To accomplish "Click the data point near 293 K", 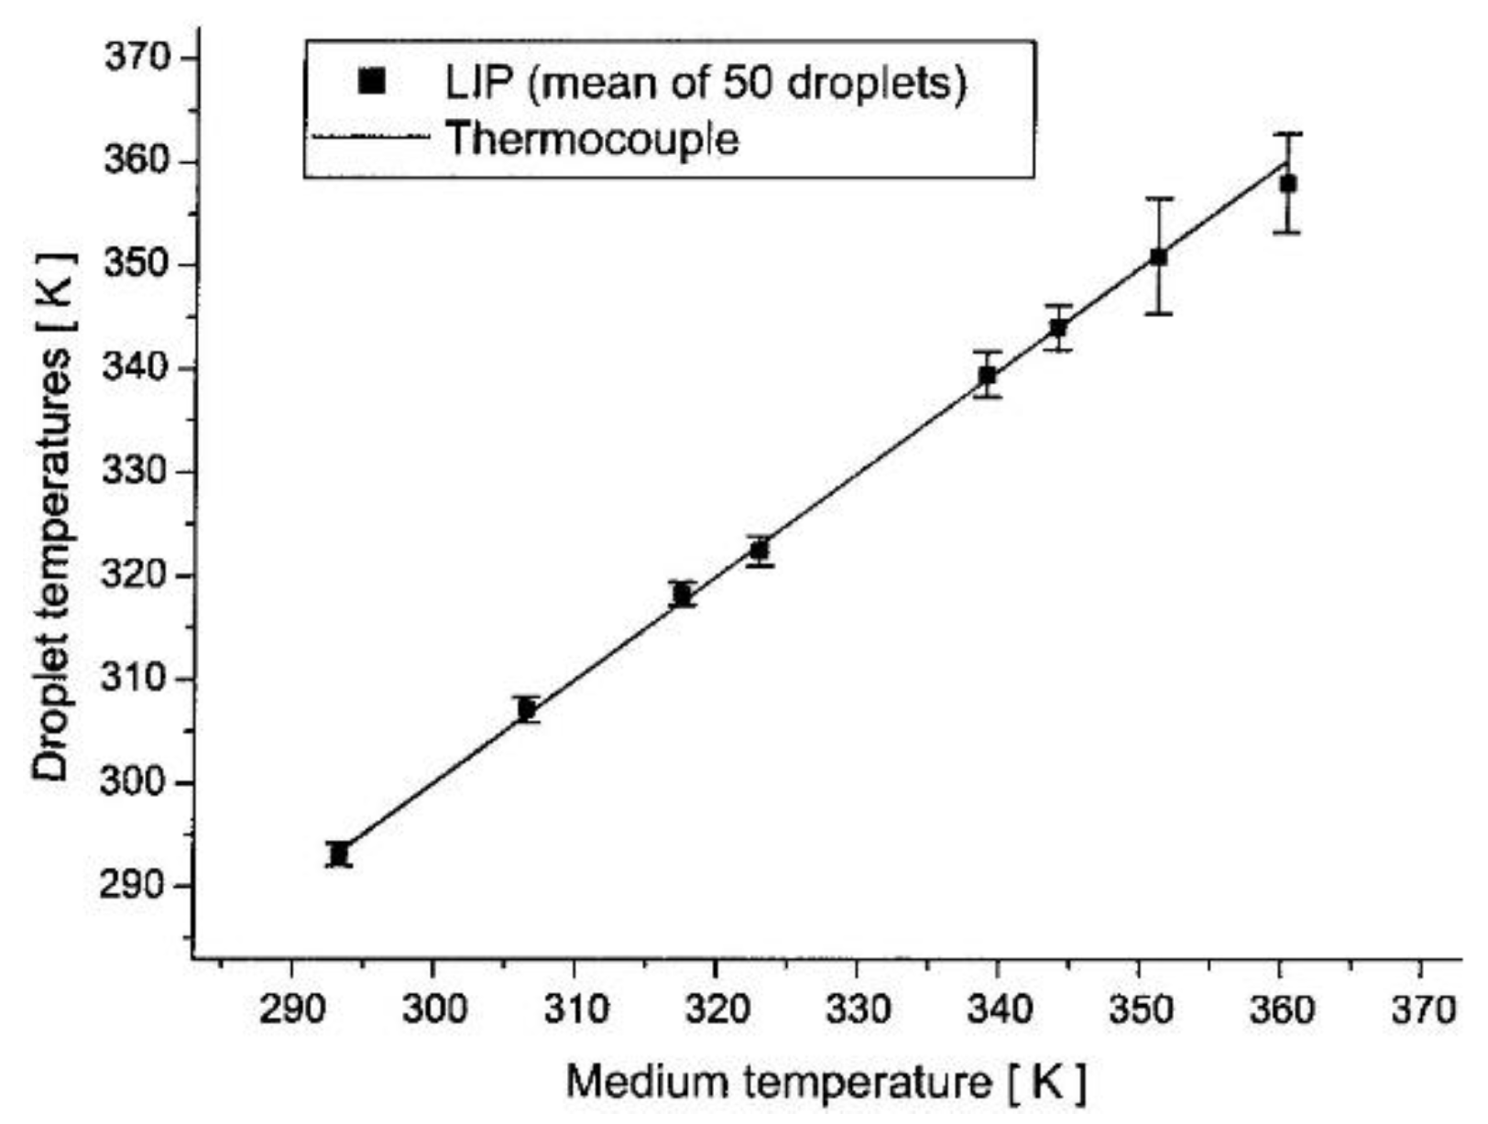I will (x=339, y=854).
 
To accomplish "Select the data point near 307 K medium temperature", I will (x=526, y=709).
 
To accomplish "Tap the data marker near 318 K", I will (x=681, y=595).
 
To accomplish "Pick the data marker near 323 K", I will (x=759, y=551).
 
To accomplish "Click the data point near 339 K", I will (x=987, y=375).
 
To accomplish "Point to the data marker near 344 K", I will (x=1058, y=328).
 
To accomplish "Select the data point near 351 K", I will (x=1159, y=257).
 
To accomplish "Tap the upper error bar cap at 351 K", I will (x=1159, y=199).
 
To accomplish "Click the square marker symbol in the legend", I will (x=372, y=83).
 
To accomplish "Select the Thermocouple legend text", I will (x=592, y=139).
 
